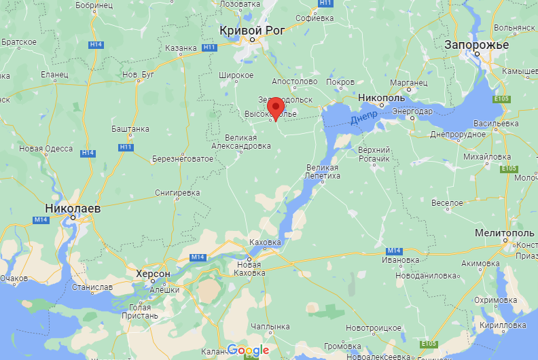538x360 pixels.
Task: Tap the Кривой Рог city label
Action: (x=252, y=30)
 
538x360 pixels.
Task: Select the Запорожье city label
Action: (x=476, y=45)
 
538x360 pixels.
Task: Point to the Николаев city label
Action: (x=73, y=209)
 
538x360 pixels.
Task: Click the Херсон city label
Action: (x=153, y=273)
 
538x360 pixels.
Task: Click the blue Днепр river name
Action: (x=363, y=119)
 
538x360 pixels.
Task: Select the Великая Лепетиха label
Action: (x=322, y=172)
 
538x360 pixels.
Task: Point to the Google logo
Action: (x=248, y=350)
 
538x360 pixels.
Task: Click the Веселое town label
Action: (x=448, y=202)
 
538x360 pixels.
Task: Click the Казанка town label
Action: (x=181, y=49)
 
